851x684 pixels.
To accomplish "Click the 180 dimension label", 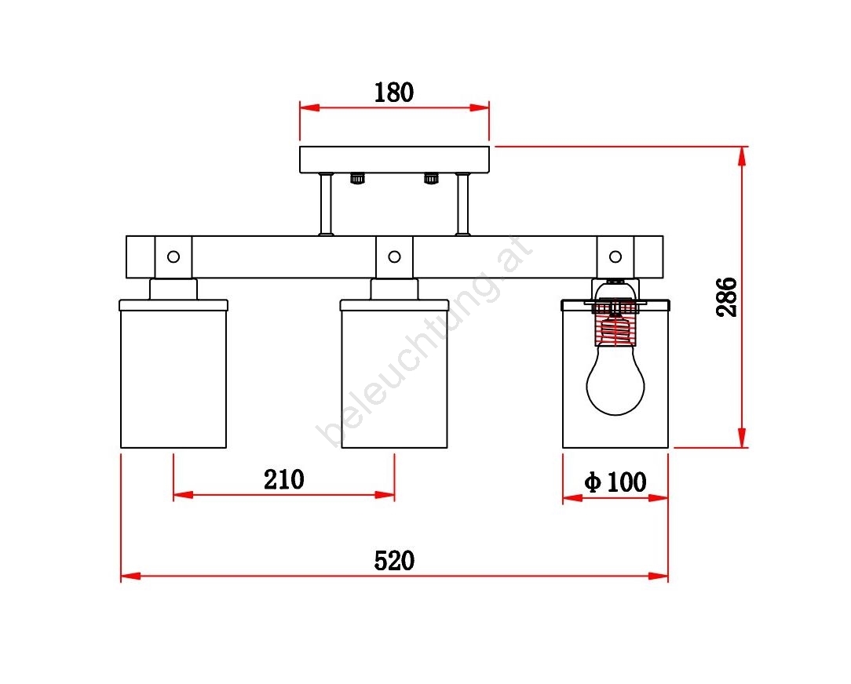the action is click(x=394, y=93).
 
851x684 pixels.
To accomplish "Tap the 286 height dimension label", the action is click(x=727, y=297).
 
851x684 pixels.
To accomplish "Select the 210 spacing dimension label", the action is click(x=284, y=479).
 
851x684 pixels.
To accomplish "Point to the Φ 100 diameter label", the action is click(x=615, y=482).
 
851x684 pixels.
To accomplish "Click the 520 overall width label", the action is click(x=395, y=560).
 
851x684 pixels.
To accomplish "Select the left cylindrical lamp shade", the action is click(x=173, y=373).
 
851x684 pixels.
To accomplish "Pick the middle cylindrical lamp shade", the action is click(x=395, y=373).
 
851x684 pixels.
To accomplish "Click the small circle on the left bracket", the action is click(x=173, y=256).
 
